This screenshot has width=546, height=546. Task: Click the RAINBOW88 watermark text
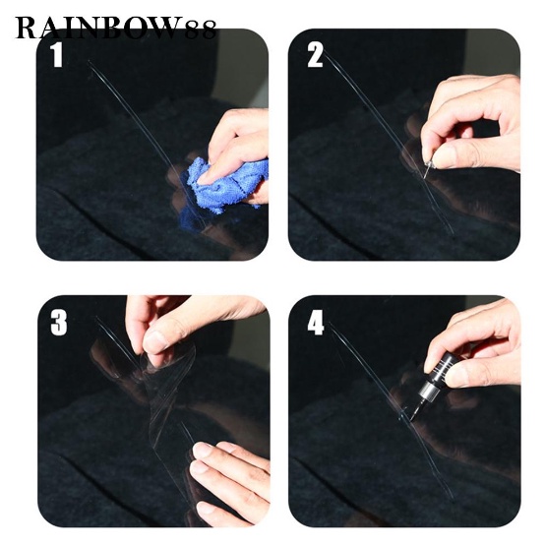point(116,29)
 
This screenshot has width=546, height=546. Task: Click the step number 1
point(56,55)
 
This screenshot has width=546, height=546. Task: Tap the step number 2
point(315,55)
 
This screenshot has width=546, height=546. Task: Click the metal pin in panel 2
point(428,169)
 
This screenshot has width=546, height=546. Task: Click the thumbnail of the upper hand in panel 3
point(155,341)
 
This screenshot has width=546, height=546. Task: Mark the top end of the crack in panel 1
point(89,62)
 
